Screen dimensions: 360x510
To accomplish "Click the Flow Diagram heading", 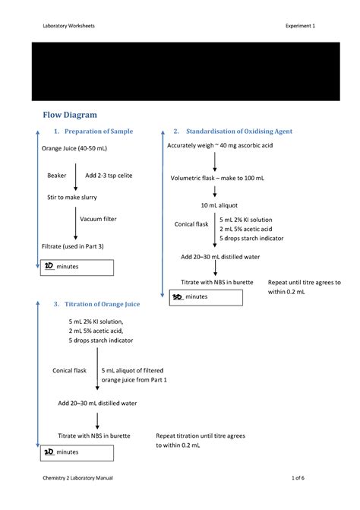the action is click(70, 115).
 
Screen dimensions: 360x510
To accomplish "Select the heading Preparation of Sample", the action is click(99, 131).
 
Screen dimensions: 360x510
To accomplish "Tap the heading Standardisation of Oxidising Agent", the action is click(239, 131).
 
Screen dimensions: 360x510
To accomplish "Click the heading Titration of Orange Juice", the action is click(102, 304).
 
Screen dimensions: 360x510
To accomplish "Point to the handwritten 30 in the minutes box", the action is click(178, 296).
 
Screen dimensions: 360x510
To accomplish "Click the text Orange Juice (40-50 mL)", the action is click(74, 148).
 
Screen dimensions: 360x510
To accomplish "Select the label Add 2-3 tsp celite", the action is click(109, 176).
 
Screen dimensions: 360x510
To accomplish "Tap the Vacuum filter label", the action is click(98, 219).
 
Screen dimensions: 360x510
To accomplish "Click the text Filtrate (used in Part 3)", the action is click(72, 246).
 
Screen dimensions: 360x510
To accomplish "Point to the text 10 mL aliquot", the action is click(219, 205).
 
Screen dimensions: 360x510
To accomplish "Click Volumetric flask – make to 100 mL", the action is click(217, 178).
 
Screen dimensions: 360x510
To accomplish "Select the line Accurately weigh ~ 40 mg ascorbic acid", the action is click(220, 145).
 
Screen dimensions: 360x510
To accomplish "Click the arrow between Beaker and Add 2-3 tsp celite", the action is click(76, 177).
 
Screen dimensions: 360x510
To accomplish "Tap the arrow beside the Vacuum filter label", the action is click(76, 223).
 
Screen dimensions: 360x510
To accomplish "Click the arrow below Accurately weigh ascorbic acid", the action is click(215, 162).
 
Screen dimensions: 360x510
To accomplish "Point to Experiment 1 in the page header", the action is click(300, 26).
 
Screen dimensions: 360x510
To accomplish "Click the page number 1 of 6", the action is click(298, 478).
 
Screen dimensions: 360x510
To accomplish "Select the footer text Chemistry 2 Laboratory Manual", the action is click(77, 478).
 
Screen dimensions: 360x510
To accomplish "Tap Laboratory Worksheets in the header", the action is click(68, 26).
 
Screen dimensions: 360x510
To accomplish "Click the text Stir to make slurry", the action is click(72, 197).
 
